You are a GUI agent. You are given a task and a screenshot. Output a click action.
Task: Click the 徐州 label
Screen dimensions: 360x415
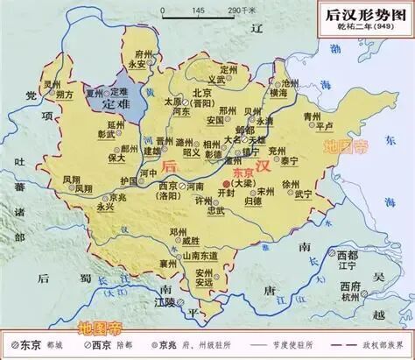292,183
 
